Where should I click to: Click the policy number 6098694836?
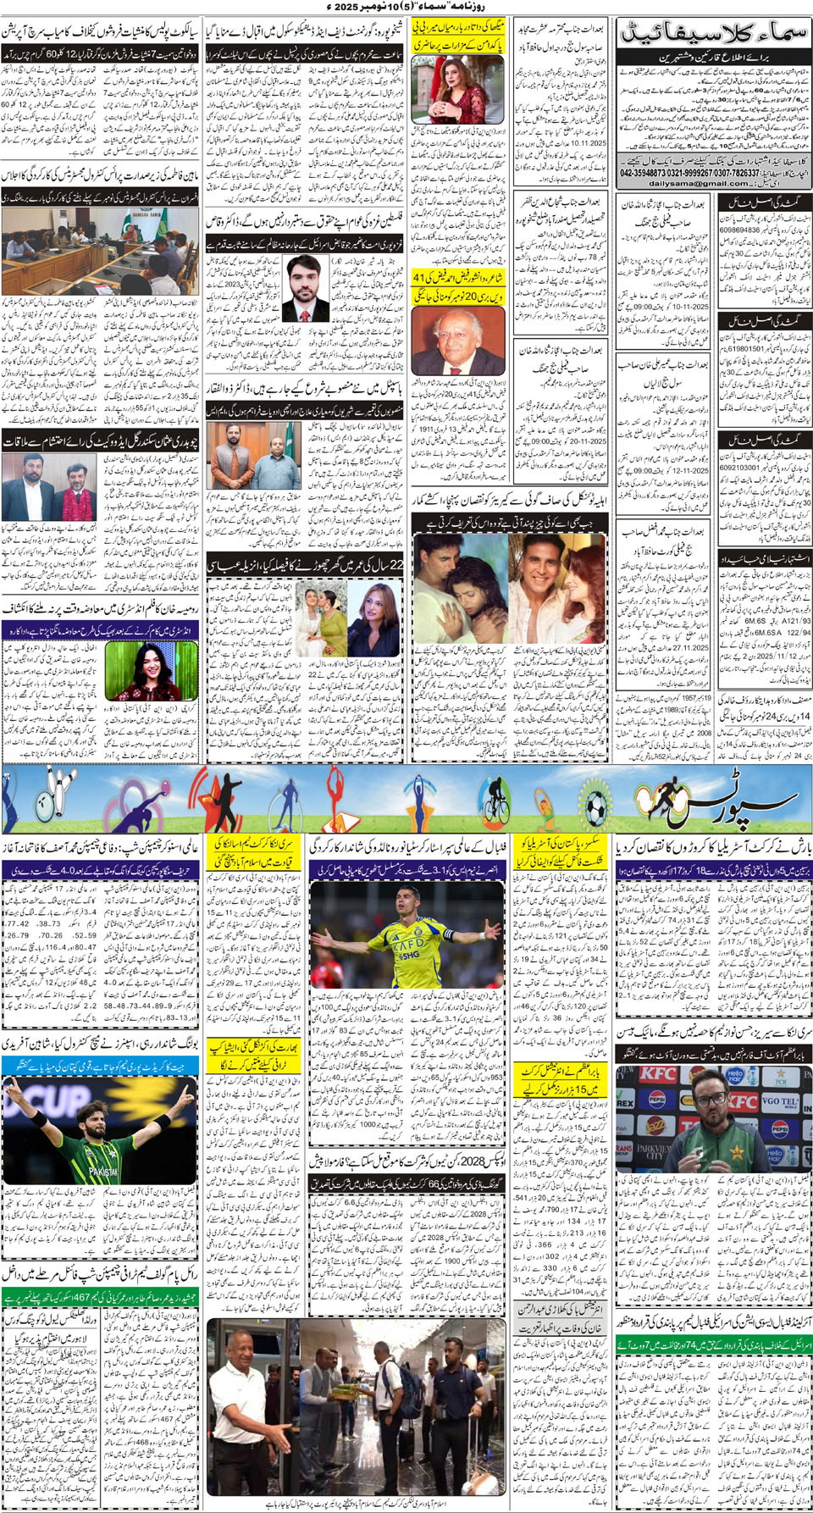click(x=739, y=230)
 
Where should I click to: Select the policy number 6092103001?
click(x=739, y=467)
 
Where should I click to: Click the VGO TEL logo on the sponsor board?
click(x=779, y=1104)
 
